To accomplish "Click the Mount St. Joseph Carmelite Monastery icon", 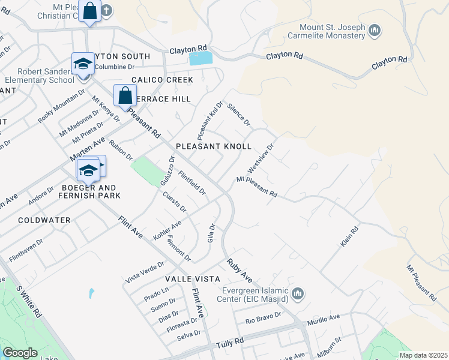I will tap(375, 31).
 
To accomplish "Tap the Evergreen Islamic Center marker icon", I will tap(298, 293).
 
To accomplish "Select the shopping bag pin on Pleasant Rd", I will tap(125, 96).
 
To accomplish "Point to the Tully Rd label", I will tap(229, 342).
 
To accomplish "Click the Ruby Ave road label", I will tap(240, 271).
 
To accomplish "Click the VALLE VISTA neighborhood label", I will tap(189, 280).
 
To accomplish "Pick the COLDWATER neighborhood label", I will tap(44, 220).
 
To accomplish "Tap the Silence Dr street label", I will tap(238, 114).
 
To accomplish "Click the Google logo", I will tap(20, 353).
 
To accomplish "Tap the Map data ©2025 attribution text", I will tap(423, 355).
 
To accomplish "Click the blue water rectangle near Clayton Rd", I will tap(200, 58).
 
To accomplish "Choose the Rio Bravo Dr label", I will tap(264, 318).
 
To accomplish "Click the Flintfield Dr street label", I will tap(192, 183).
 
